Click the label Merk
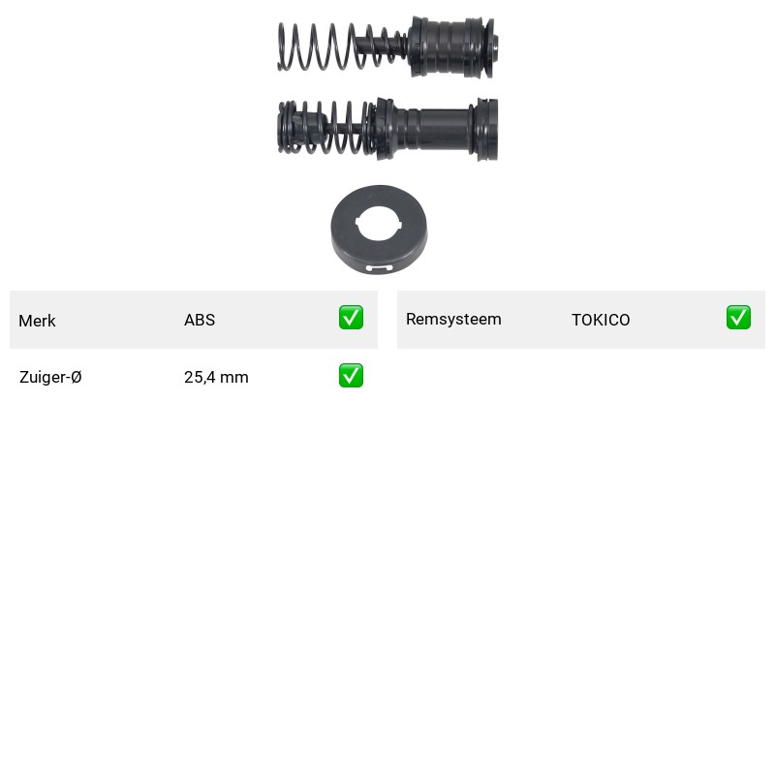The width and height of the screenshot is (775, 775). pos(37,321)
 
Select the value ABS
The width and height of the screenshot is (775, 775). pos(200,320)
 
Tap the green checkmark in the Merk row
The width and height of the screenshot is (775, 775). pos(351,318)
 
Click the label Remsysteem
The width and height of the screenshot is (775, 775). pos(453,320)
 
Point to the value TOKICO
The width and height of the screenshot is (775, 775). pos(601,320)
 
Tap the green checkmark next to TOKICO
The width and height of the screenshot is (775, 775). pos(738,318)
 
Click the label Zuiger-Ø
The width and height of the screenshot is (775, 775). pos(50,377)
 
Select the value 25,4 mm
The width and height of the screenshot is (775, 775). pos(216,377)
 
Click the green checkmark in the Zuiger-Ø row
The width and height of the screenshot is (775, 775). pos(351,376)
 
